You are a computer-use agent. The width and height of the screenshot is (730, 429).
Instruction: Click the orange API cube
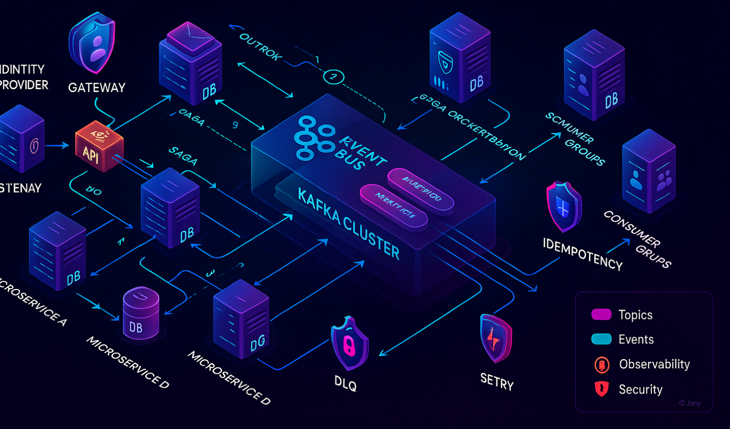point(99,146)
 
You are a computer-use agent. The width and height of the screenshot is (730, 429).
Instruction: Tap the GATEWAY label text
point(97,88)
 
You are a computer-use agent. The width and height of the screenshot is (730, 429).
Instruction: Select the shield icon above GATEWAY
point(93,43)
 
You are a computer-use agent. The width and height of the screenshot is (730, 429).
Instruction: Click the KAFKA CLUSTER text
point(348,223)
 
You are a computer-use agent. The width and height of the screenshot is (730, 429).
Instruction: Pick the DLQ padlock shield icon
point(349,343)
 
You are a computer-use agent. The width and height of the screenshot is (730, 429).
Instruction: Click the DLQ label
point(345,383)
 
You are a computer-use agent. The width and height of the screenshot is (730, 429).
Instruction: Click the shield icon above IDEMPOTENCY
point(563,207)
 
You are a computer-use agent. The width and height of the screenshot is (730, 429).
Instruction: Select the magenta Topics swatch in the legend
point(601,314)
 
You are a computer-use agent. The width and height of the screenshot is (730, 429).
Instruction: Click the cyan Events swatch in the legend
point(601,339)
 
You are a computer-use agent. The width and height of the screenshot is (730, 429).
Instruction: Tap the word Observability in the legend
point(654,364)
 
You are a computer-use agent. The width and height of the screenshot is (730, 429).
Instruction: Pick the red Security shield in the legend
point(601,389)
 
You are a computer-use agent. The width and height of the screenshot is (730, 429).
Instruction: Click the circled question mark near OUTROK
point(334,77)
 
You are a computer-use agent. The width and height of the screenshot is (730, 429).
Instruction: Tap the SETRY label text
point(497,381)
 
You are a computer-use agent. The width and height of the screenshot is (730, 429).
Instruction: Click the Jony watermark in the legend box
point(690,403)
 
